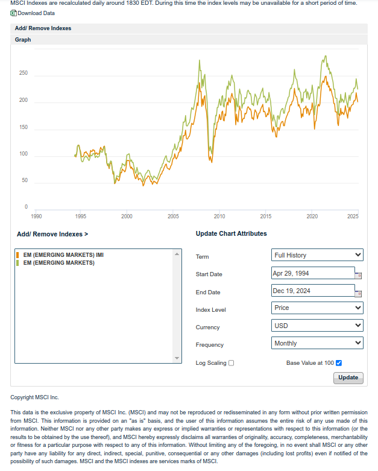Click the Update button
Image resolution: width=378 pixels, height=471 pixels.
[x=348, y=378]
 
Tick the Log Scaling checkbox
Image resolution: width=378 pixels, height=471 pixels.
[x=232, y=363]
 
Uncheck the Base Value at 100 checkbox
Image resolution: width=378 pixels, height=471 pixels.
[x=339, y=363]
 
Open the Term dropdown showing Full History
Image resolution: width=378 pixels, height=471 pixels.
[x=318, y=255]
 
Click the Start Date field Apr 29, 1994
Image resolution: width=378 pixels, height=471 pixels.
[x=313, y=273]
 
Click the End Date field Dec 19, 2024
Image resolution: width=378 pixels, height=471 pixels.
[x=313, y=291]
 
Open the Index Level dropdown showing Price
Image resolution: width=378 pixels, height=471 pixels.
[x=318, y=308]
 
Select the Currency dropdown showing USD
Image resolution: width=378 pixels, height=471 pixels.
[x=318, y=326]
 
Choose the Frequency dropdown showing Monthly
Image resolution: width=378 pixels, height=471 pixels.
[x=318, y=343]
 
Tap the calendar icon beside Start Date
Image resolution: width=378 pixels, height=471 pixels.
[x=358, y=276]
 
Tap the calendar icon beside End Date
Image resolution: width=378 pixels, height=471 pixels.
[x=358, y=294]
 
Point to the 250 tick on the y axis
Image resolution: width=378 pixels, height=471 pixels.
[x=24, y=74]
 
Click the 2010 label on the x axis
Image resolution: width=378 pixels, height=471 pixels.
[x=219, y=216]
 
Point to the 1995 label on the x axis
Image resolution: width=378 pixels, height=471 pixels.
[x=80, y=216]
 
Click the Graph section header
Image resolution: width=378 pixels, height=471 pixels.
[x=23, y=40]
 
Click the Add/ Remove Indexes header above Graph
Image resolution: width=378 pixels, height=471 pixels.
[x=43, y=28]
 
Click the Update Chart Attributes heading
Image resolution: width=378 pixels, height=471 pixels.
[x=231, y=233]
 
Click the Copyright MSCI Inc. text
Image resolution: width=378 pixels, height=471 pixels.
[x=35, y=397]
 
